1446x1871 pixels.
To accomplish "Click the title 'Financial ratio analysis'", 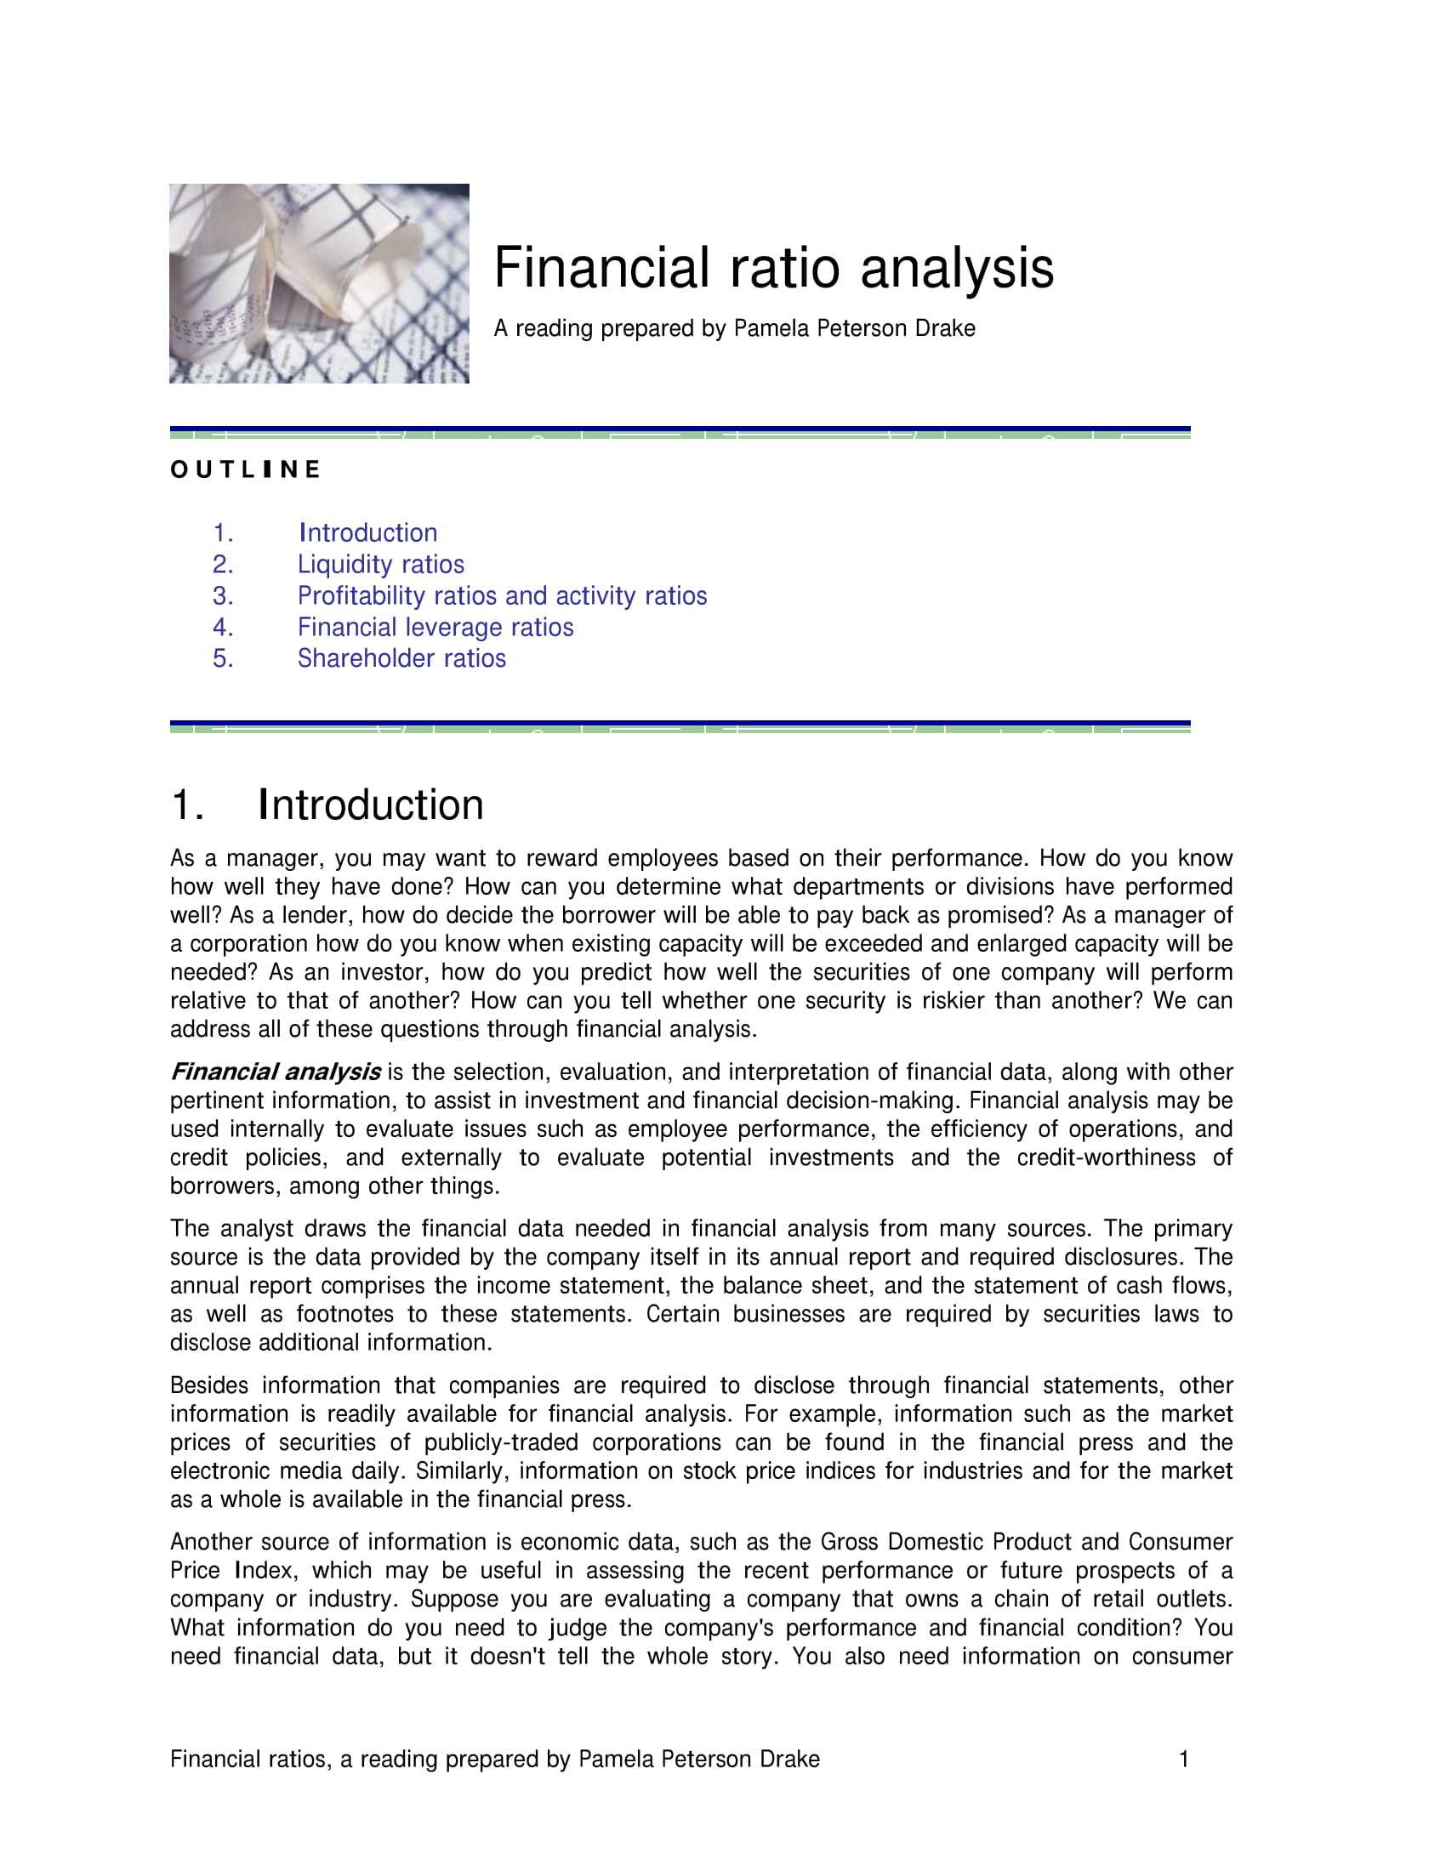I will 772,268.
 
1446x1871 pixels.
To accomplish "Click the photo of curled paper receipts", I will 319,282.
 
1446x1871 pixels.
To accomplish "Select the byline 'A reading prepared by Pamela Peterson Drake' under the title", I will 734,329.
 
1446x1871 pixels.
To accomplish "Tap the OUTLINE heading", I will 245,469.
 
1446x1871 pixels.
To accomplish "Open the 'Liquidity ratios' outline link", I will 380,565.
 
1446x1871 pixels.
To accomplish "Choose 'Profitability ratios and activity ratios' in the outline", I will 502,595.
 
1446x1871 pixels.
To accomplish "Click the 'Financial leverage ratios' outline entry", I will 436,627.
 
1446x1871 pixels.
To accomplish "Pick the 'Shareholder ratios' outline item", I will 401,658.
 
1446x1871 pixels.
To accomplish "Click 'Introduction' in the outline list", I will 368,533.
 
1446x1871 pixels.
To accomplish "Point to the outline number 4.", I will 223,627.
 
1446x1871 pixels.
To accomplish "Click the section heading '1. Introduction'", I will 327,805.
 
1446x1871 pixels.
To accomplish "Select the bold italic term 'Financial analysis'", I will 275,1072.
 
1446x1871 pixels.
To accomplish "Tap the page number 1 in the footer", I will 1184,1759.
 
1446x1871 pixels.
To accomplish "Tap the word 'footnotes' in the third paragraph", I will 345,1314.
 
